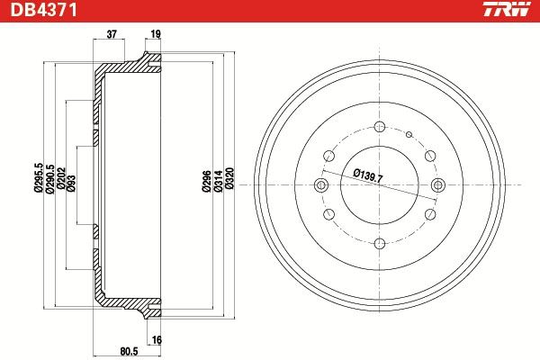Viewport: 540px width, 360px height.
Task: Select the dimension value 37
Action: (x=112, y=34)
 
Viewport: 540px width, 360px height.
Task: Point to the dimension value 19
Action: (x=155, y=34)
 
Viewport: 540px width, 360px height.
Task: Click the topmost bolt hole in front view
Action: (x=379, y=127)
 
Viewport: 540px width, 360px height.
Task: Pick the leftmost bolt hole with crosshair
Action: (x=320, y=185)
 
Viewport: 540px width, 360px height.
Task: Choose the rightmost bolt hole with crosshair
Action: (x=437, y=185)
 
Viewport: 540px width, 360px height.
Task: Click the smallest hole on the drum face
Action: (x=408, y=136)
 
